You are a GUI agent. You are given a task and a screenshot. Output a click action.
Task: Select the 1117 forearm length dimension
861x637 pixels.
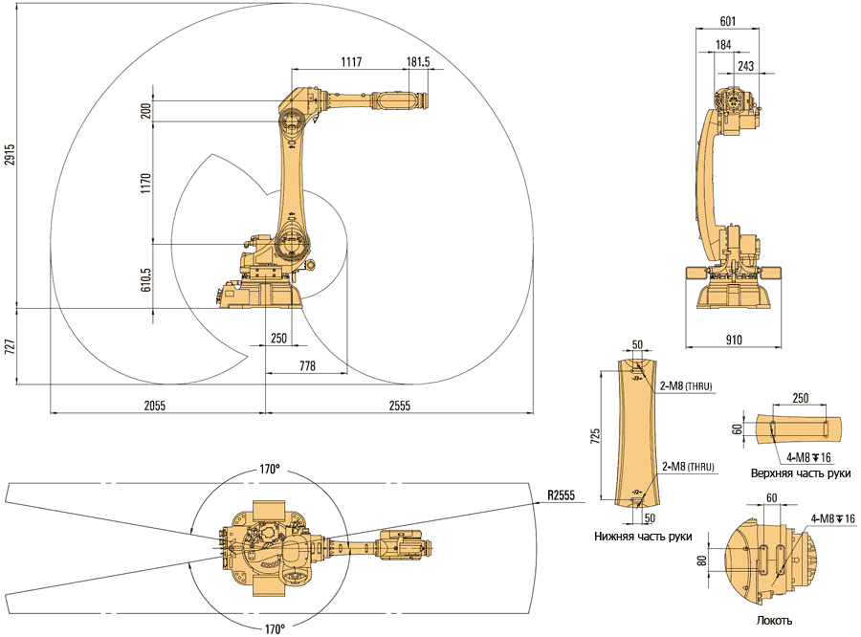[x=351, y=62]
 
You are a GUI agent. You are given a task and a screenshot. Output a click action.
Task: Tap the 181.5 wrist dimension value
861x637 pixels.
[x=418, y=62]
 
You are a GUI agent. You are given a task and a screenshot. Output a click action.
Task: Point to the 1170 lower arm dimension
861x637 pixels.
[x=145, y=185]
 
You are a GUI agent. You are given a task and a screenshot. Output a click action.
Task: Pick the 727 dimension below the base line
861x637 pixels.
[x=10, y=346]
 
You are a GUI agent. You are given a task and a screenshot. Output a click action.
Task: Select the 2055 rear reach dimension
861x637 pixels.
[x=155, y=406]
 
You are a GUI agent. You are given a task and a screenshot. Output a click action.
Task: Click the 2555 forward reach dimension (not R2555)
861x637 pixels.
[x=399, y=406]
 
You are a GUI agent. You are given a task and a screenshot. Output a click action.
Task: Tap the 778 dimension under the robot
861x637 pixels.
[x=307, y=366]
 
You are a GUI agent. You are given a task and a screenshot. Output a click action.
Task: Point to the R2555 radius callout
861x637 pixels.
[x=562, y=495]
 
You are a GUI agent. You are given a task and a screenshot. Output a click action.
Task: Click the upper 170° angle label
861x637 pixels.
[x=271, y=470]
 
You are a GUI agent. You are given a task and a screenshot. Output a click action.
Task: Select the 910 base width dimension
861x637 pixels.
[x=734, y=339]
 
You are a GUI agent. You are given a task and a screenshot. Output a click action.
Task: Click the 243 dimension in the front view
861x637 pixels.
[x=745, y=65]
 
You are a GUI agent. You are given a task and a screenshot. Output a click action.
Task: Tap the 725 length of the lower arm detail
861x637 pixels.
[x=596, y=435]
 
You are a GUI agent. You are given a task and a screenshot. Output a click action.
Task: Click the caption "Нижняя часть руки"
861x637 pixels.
[x=643, y=537]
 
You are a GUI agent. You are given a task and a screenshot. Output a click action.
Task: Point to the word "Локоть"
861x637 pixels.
[x=774, y=621]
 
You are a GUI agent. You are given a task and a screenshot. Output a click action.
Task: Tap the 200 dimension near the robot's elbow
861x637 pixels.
[x=145, y=112]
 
